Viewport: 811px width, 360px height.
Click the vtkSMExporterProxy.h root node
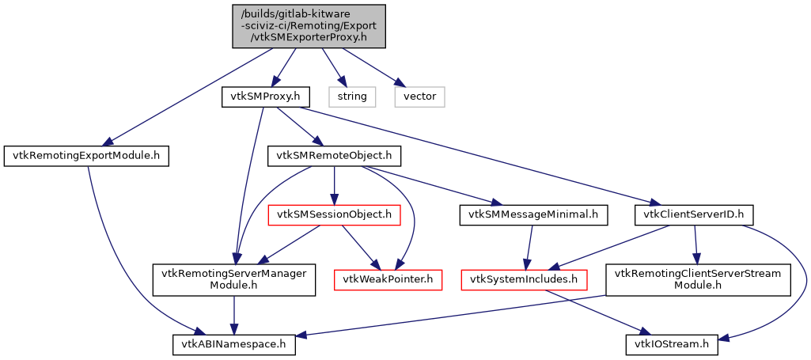(x=309, y=26)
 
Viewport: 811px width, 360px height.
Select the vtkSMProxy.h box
(x=264, y=97)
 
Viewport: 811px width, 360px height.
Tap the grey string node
(x=352, y=97)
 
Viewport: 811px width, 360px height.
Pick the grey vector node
(x=420, y=97)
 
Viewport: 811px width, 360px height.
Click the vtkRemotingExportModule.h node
(x=87, y=155)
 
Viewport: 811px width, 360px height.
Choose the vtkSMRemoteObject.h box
(x=335, y=155)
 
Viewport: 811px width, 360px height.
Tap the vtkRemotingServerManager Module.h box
(x=235, y=279)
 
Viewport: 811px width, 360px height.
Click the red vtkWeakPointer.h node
(x=388, y=279)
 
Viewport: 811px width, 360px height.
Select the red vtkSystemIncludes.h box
(x=524, y=279)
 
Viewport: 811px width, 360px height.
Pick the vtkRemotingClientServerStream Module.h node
(x=699, y=279)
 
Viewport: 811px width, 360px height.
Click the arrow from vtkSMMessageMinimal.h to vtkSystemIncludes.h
(x=529, y=246)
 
